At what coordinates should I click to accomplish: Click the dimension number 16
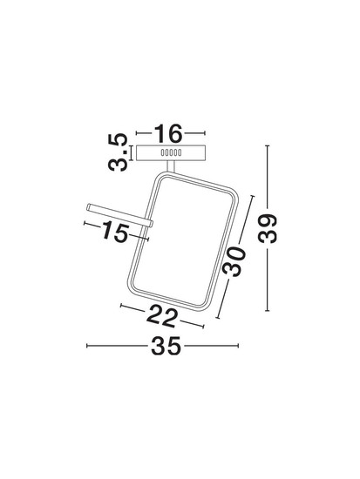click(x=168, y=133)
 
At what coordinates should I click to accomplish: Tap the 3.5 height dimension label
click(x=118, y=152)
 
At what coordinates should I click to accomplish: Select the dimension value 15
click(x=114, y=232)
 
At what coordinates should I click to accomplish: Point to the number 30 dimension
click(x=234, y=261)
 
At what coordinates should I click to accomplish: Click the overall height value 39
click(x=268, y=228)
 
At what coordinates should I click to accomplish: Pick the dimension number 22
click(x=162, y=317)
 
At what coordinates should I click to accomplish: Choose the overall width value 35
click(x=166, y=346)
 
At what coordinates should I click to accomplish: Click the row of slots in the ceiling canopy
click(x=171, y=152)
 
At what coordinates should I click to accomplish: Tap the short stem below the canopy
click(x=171, y=166)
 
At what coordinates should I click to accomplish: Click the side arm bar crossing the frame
click(x=119, y=215)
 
